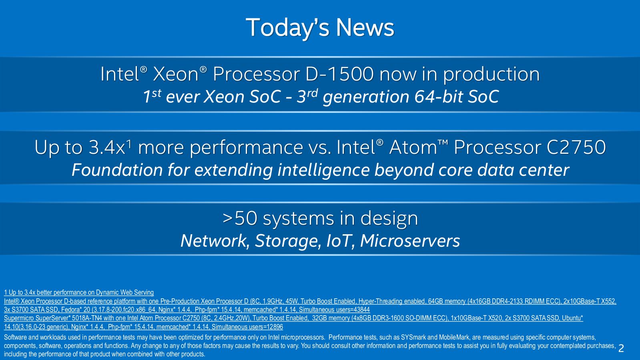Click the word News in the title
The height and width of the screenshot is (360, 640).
point(365,28)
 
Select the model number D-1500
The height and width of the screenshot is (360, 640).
point(339,74)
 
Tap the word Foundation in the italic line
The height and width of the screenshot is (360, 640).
point(117,170)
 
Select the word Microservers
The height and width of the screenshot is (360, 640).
point(410,241)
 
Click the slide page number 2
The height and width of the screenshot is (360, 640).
point(621,348)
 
